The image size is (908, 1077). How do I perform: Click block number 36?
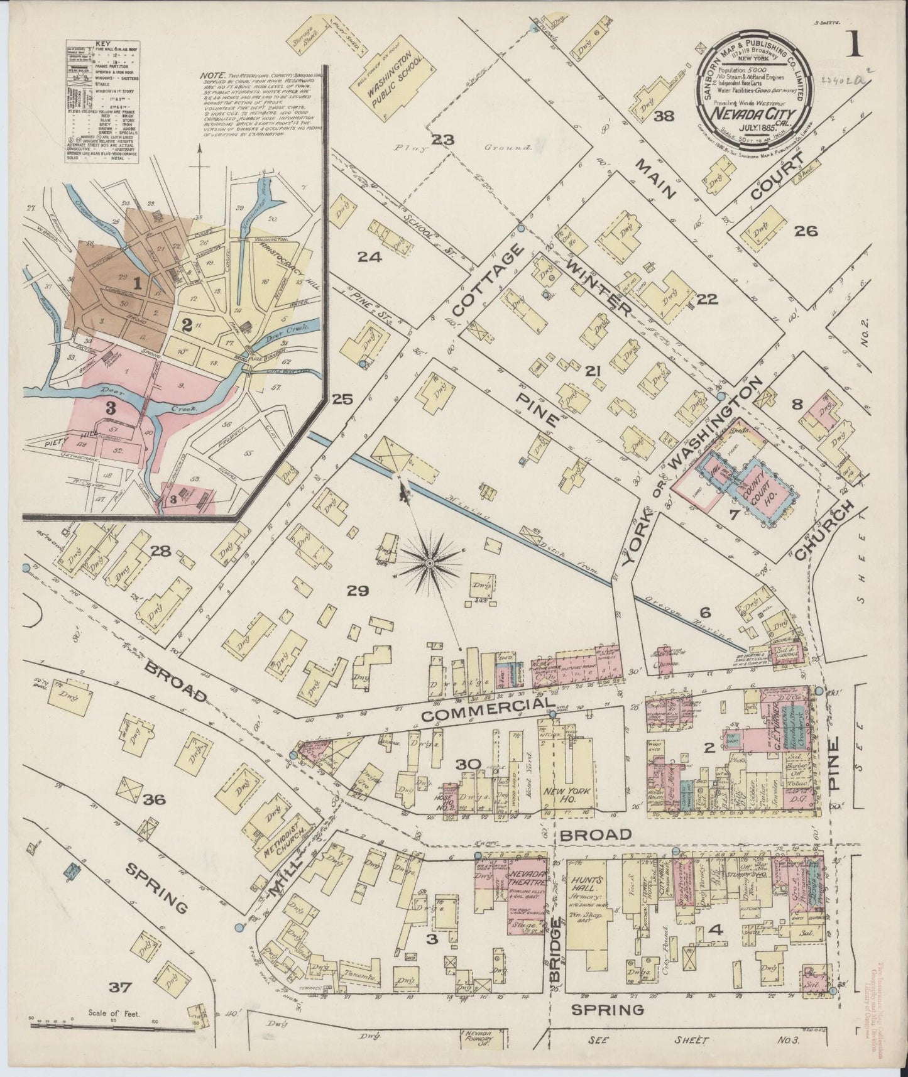(153, 800)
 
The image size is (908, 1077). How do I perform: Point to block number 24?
(369, 256)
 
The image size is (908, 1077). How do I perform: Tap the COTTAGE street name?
(487, 280)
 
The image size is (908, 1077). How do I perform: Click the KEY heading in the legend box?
(102, 45)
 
